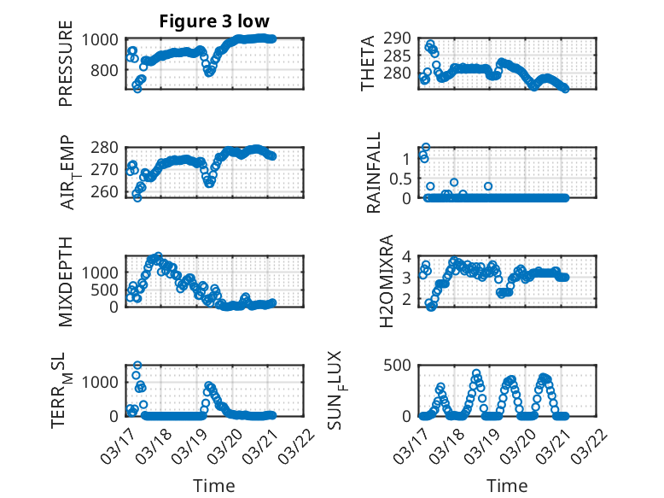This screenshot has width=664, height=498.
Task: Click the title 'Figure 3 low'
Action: [214, 21]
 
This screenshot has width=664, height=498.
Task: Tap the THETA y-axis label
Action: [368, 64]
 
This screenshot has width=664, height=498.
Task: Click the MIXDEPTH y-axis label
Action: [67, 281]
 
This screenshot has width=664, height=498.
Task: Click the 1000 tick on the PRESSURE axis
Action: [105, 39]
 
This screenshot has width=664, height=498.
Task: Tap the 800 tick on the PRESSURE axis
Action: [109, 70]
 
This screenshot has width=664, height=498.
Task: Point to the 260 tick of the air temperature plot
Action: [109, 191]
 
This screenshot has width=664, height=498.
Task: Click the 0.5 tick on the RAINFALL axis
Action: [398, 179]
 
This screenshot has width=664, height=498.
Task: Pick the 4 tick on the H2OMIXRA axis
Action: [407, 256]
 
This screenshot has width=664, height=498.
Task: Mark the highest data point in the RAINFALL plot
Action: [425, 147]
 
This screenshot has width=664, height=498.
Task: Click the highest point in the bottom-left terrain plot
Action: [137, 365]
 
